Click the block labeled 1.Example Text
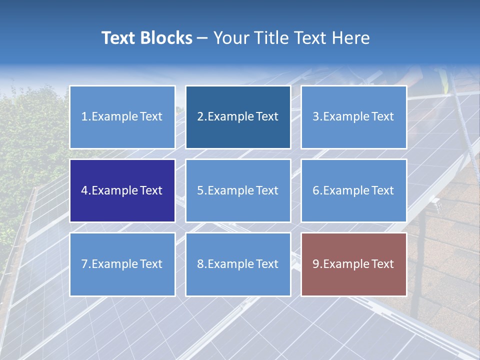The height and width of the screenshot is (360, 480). [122, 117]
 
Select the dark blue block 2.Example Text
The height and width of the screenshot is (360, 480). [238, 117]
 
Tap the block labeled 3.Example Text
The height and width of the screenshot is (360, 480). [353, 117]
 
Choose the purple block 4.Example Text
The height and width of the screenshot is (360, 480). [122, 190]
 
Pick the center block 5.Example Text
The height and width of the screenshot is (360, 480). [238, 190]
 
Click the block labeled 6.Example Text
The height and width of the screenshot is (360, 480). [353, 190]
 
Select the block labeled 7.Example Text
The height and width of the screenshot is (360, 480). [122, 264]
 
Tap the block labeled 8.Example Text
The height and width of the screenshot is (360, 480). [238, 264]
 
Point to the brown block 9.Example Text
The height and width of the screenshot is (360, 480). [353, 264]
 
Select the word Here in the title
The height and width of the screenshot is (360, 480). [351, 38]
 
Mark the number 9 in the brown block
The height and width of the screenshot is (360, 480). [316, 264]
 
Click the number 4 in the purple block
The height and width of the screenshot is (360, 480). [84, 190]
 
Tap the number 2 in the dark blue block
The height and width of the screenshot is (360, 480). [200, 117]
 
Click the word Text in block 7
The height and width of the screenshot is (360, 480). [151, 264]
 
